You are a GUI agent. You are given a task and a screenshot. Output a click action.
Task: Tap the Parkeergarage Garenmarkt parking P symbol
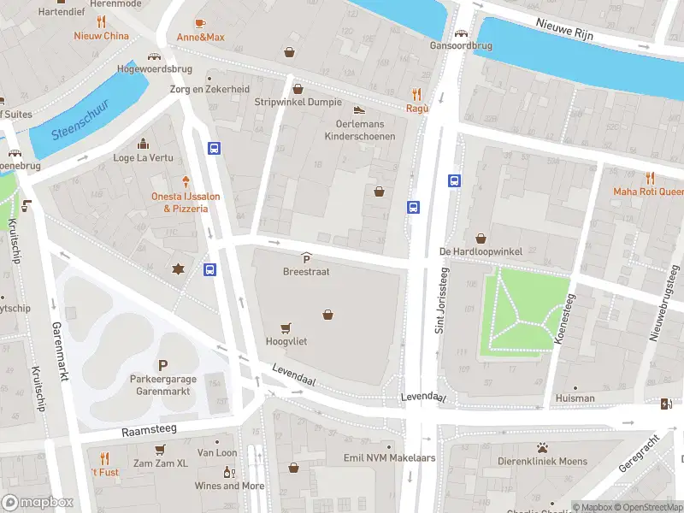coord(162,365)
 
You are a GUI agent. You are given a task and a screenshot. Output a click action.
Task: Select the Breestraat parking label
coord(306,271)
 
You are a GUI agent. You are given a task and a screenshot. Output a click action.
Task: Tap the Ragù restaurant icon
coord(417,94)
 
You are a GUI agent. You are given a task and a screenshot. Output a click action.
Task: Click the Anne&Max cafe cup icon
coord(200,23)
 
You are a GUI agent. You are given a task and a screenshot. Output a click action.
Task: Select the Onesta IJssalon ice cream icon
coord(186,181)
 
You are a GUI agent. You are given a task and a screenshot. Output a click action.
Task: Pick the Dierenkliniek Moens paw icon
coord(542,447)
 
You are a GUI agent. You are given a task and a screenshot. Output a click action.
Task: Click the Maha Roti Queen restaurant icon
coord(650,178)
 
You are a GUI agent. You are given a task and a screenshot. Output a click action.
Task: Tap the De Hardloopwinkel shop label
coord(480,251)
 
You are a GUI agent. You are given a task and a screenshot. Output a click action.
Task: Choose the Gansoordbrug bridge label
coord(462,46)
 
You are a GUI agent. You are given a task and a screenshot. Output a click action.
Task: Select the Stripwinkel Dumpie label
coord(298,102)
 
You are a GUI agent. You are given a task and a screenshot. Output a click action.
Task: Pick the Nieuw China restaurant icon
coord(101,22)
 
